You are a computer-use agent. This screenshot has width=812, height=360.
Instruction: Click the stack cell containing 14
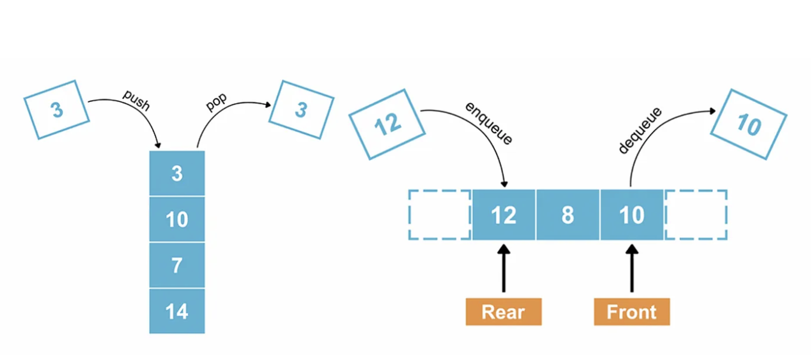click(176, 311)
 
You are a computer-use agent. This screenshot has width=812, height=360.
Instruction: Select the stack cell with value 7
click(176, 265)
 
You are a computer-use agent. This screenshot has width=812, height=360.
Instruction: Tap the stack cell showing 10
click(176, 219)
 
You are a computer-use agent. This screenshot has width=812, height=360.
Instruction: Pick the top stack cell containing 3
click(176, 173)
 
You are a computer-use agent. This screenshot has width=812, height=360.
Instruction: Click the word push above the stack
click(136, 101)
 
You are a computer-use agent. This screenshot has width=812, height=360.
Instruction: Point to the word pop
click(216, 103)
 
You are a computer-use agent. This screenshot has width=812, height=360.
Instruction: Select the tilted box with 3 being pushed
click(57, 110)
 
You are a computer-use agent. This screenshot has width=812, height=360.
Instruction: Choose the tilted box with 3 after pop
click(301, 110)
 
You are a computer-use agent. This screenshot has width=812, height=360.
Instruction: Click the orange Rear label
click(503, 312)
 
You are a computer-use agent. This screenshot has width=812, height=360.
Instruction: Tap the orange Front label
click(631, 312)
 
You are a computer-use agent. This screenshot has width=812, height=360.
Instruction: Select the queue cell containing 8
click(568, 215)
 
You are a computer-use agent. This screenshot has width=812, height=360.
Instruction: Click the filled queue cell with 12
click(504, 215)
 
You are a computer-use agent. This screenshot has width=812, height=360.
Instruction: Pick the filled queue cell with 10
click(631, 215)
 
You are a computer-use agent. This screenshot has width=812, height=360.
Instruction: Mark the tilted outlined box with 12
click(386, 125)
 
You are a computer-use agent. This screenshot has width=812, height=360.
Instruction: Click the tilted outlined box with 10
click(748, 125)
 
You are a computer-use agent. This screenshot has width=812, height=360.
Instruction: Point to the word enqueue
click(488, 122)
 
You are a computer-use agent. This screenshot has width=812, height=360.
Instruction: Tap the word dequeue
click(640, 131)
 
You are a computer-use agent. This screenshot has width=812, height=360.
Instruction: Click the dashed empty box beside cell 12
click(439, 215)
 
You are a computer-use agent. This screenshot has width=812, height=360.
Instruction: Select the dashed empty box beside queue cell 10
click(696, 215)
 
